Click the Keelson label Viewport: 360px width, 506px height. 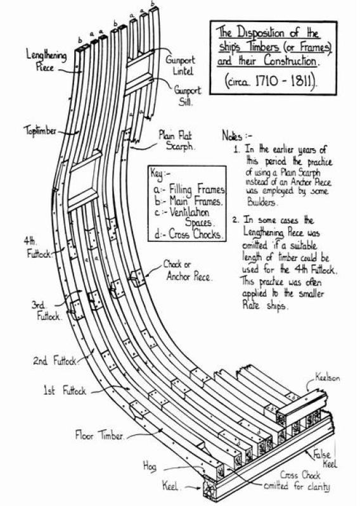click(x=328, y=377)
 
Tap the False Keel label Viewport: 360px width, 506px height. click(x=325, y=459)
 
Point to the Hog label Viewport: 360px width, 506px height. click(x=150, y=466)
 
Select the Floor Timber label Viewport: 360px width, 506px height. click(x=100, y=435)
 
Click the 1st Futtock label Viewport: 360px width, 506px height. click(x=65, y=391)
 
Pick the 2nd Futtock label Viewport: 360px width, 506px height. click(x=55, y=360)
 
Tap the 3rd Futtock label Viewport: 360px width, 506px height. click(x=46, y=310)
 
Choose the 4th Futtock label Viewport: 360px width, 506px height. click(x=37, y=248)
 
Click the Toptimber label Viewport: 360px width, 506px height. click(x=40, y=130)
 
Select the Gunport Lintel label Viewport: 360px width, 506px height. click(x=181, y=65)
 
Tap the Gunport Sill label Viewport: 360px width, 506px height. click(x=187, y=96)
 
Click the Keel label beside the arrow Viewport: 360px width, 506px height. click(x=170, y=486)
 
